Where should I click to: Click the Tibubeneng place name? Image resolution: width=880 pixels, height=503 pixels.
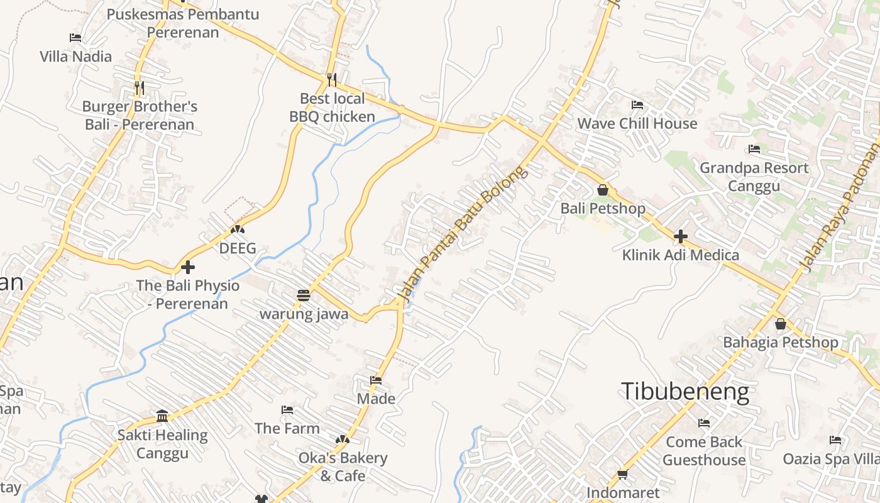pos(685,392)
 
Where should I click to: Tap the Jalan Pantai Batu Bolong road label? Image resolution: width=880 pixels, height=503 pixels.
pos(462,234)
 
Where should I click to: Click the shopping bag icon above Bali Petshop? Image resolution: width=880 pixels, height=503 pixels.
pos(603,189)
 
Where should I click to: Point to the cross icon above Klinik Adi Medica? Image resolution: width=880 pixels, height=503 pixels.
pos(680,237)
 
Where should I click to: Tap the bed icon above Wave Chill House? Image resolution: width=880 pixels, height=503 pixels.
pos(637,104)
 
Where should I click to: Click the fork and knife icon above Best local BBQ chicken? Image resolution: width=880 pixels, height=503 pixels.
pos(332,80)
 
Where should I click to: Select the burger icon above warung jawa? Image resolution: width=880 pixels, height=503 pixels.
pos(304,295)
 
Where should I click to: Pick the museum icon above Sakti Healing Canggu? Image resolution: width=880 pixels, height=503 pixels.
pos(162,416)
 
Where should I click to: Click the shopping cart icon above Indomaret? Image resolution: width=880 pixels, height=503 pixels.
pos(623,474)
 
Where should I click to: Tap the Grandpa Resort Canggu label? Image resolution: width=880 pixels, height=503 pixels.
pos(754,177)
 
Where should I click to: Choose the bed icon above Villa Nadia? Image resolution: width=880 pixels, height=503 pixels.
pos(75,38)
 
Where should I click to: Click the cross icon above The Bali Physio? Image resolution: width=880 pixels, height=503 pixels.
pos(187,267)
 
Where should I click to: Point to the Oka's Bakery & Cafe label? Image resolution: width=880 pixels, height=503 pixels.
pos(343,467)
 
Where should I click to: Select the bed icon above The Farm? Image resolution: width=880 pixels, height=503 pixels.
pos(287,410)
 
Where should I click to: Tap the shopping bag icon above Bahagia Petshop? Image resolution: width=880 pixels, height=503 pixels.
pos(780,324)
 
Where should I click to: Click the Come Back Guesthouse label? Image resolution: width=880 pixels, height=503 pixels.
pos(704,451)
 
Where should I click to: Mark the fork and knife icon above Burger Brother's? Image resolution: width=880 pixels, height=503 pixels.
pos(140,87)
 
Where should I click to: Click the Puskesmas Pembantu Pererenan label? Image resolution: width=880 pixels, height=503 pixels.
pos(183,23)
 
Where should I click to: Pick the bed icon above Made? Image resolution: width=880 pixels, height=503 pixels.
pos(376,380)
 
